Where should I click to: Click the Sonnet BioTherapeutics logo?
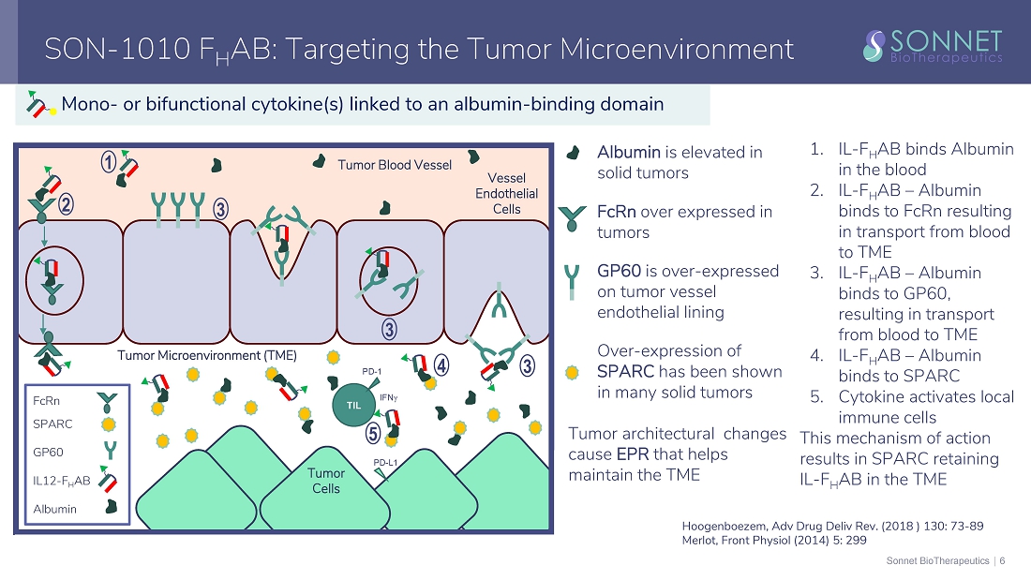coord(933,45)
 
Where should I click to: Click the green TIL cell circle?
coord(353,405)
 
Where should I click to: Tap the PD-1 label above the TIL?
coord(373,371)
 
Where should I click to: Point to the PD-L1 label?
coord(385,462)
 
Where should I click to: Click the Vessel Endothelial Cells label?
coord(507,193)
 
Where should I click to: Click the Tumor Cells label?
coord(326,481)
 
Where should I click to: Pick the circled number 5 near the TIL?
coord(373,434)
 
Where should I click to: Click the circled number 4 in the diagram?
coord(441,364)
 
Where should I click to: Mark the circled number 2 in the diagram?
coord(66,202)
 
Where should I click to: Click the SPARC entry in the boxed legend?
coord(52,424)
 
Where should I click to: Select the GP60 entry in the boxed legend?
coord(50,451)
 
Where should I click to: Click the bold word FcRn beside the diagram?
coord(618,212)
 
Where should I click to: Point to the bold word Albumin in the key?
coord(628,152)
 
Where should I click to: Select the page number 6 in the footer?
coord(1002,560)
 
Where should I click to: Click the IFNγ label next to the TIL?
coord(390,397)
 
